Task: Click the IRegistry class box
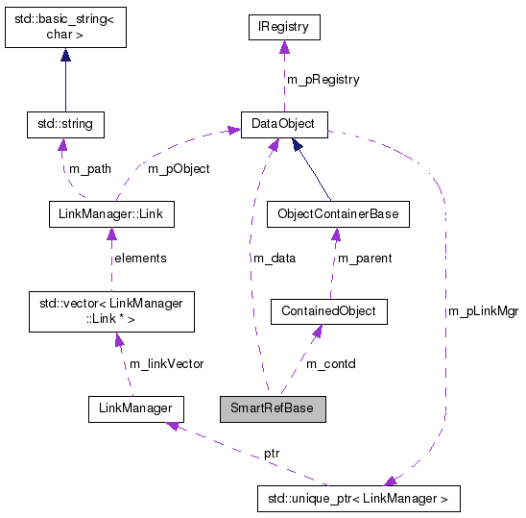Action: tap(282, 28)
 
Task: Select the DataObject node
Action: tap(283, 123)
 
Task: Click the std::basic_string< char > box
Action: tap(64, 26)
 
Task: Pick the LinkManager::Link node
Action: tap(110, 213)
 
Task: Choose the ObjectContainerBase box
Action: tap(337, 213)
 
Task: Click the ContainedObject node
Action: tap(329, 311)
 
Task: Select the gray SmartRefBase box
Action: tap(273, 408)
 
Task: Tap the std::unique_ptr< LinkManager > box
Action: tap(359, 499)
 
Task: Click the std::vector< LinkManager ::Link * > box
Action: tap(106, 311)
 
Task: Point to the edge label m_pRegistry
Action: tap(323, 80)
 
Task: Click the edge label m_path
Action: tap(89, 168)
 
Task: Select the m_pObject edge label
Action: tap(178, 168)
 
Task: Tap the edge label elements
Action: tap(140, 258)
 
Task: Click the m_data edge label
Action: tap(275, 258)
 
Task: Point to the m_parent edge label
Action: tap(365, 258)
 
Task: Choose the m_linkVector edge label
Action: tap(166, 362)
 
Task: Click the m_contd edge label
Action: tap(330, 362)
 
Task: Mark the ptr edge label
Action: tap(273, 452)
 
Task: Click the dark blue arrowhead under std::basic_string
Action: tap(64, 57)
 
